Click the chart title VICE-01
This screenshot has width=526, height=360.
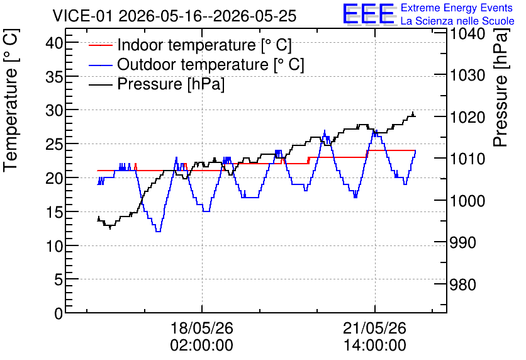[x=82, y=16]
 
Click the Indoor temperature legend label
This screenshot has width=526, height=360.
[x=204, y=45]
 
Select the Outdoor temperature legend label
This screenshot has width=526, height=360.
[x=211, y=64]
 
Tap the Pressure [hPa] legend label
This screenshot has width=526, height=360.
[x=171, y=84]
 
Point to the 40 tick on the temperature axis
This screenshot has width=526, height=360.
[x=54, y=43]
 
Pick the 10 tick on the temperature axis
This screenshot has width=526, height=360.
[x=54, y=246]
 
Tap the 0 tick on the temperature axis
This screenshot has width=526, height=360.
[x=59, y=313]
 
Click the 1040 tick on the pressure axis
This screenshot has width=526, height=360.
[x=467, y=33]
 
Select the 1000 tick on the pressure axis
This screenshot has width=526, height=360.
[x=467, y=201]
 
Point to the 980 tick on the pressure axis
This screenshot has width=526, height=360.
[x=463, y=284]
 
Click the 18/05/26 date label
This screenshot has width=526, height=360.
[x=202, y=328]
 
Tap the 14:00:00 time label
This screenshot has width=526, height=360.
[x=375, y=346]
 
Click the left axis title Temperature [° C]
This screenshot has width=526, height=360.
[x=11, y=101]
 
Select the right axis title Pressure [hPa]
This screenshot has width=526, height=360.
[x=501, y=87]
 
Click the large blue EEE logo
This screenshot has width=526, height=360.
[x=369, y=14]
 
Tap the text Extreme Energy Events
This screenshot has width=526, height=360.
[x=457, y=8]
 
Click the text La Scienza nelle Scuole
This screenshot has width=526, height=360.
[x=457, y=21]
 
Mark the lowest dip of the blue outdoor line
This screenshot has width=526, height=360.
[x=159, y=232]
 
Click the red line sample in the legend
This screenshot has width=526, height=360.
[x=100, y=45]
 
